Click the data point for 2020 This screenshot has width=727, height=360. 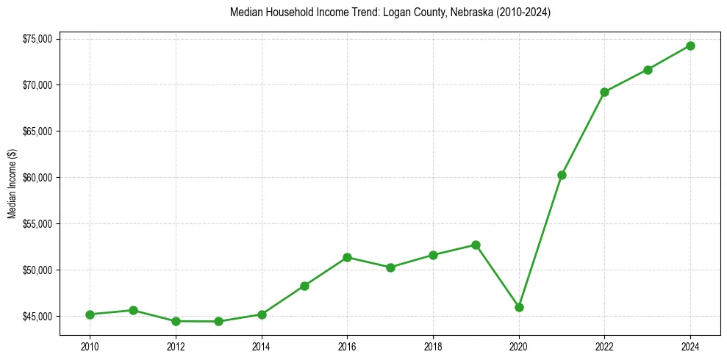click(519, 307)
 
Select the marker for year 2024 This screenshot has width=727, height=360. click(690, 46)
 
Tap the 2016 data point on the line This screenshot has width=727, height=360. click(347, 257)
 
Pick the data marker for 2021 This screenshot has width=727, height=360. click(562, 175)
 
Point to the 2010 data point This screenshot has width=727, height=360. click(90, 314)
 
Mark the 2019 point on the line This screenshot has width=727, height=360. click(476, 245)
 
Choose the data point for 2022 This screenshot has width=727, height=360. click(604, 92)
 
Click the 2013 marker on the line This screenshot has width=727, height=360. click(218, 321)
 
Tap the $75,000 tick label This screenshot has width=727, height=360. click(37, 39)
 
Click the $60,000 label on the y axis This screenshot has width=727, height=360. click(37, 178)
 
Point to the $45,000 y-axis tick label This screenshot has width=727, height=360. click(37, 317)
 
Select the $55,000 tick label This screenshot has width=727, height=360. click(37, 224)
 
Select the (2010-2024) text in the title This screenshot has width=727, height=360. click(524, 12)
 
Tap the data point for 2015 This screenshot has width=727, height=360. click(304, 286)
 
